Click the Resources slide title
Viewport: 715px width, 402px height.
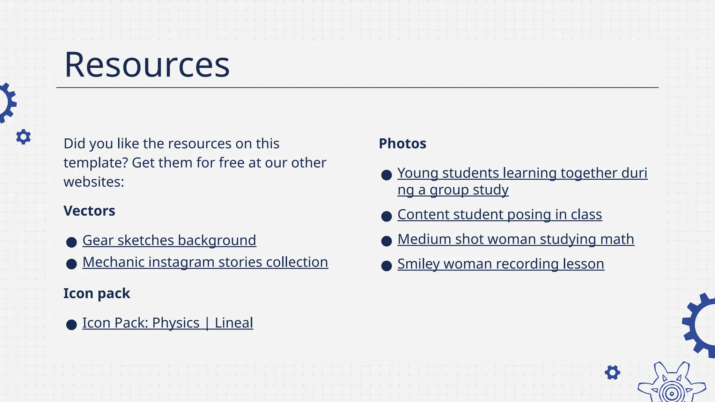tap(147, 65)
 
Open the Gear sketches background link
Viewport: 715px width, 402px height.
tap(169, 240)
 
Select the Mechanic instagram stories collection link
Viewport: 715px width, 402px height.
tap(205, 262)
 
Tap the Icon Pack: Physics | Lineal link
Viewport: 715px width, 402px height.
tap(168, 323)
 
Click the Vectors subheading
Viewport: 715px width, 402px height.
tap(89, 211)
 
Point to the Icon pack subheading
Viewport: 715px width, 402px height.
tap(97, 294)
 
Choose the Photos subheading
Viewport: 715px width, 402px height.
tap(403, 144)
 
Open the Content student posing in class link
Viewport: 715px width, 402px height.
tap(500, 215)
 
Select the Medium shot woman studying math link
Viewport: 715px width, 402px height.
tap(516, 239)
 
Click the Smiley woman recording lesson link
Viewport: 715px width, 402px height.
tap(501, 264)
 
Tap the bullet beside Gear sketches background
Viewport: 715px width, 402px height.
tap(72, 242)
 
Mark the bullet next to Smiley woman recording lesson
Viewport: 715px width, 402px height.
tap(386, 266)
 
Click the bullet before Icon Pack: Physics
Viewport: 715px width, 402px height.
tap(72, 325)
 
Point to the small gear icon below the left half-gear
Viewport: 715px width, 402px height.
tap(23, 137)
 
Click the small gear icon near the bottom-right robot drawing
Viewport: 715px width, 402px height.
tap(612, 373)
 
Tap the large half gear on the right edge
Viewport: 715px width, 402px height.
tap(700, 325)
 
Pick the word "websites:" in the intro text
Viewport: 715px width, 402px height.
tap(94, 182)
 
